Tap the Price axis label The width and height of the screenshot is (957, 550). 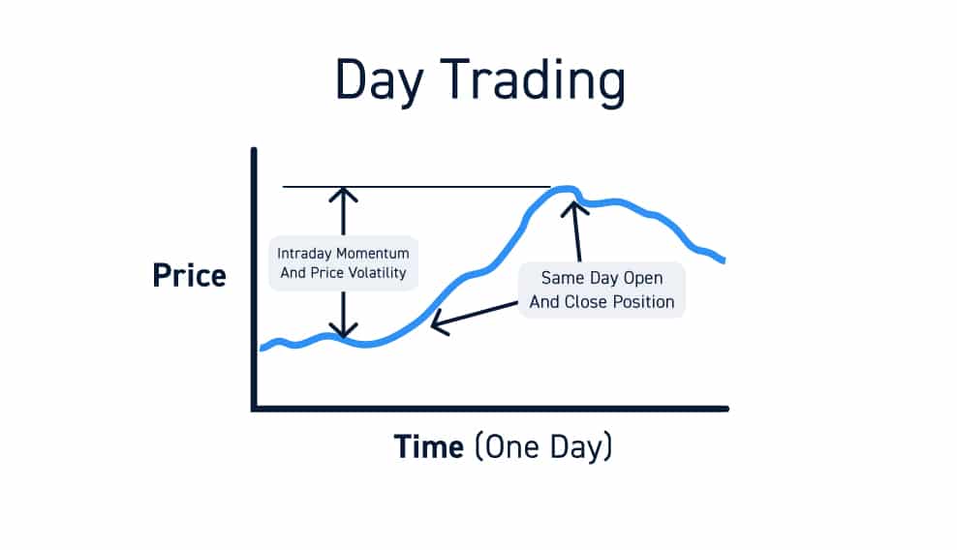click(x=189, y=276)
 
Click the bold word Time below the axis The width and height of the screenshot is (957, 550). click(x=428, y=447)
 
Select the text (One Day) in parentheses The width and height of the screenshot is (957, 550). click(x=543, y=447)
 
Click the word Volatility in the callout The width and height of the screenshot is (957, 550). click(x=375, y=273)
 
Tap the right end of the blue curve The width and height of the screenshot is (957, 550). click(x=723, y=260)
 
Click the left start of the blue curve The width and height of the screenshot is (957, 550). click(x=262, y=348)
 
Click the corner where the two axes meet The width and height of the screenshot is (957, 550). click(x=254, y=408)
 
